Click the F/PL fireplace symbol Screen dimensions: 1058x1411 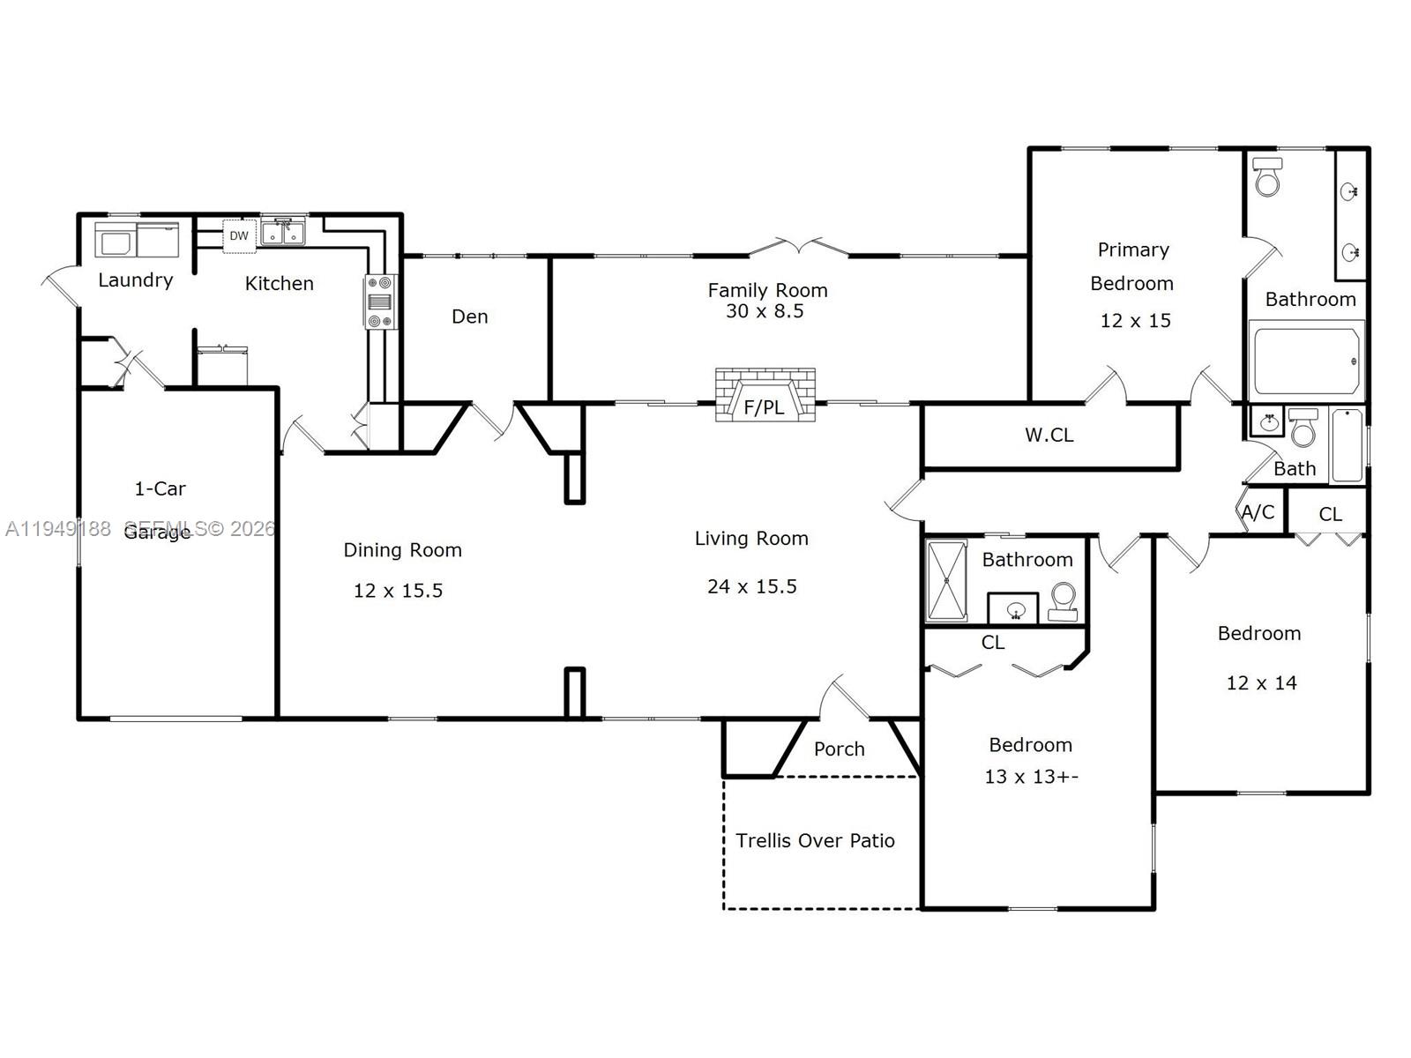coord(765,396)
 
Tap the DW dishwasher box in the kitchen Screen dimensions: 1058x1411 coord(239,235)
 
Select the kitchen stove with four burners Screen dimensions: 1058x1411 coord(380,302)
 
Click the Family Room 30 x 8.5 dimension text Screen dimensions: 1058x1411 coord(765,311)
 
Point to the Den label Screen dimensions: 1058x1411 coord(469,317)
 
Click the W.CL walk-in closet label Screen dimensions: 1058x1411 coord(1049,435)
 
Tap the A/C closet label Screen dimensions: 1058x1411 coord(1258,512)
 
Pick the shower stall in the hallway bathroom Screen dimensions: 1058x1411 coord(946,580)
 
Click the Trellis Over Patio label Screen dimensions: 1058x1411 coord(815,841)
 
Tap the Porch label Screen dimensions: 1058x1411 coord(839,749)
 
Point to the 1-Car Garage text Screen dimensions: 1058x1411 coord(159,510)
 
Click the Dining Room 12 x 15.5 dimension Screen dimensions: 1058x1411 coord(398,591)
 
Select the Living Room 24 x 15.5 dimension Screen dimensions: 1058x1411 coord(751,586)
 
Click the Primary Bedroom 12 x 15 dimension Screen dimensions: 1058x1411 coord(1135,321)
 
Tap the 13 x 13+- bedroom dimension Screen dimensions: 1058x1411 coord(1031,777)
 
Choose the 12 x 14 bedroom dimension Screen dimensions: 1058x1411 coord(1261,683)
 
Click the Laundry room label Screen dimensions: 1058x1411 coord(135,280)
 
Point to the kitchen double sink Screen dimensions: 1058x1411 coord(283,233)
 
